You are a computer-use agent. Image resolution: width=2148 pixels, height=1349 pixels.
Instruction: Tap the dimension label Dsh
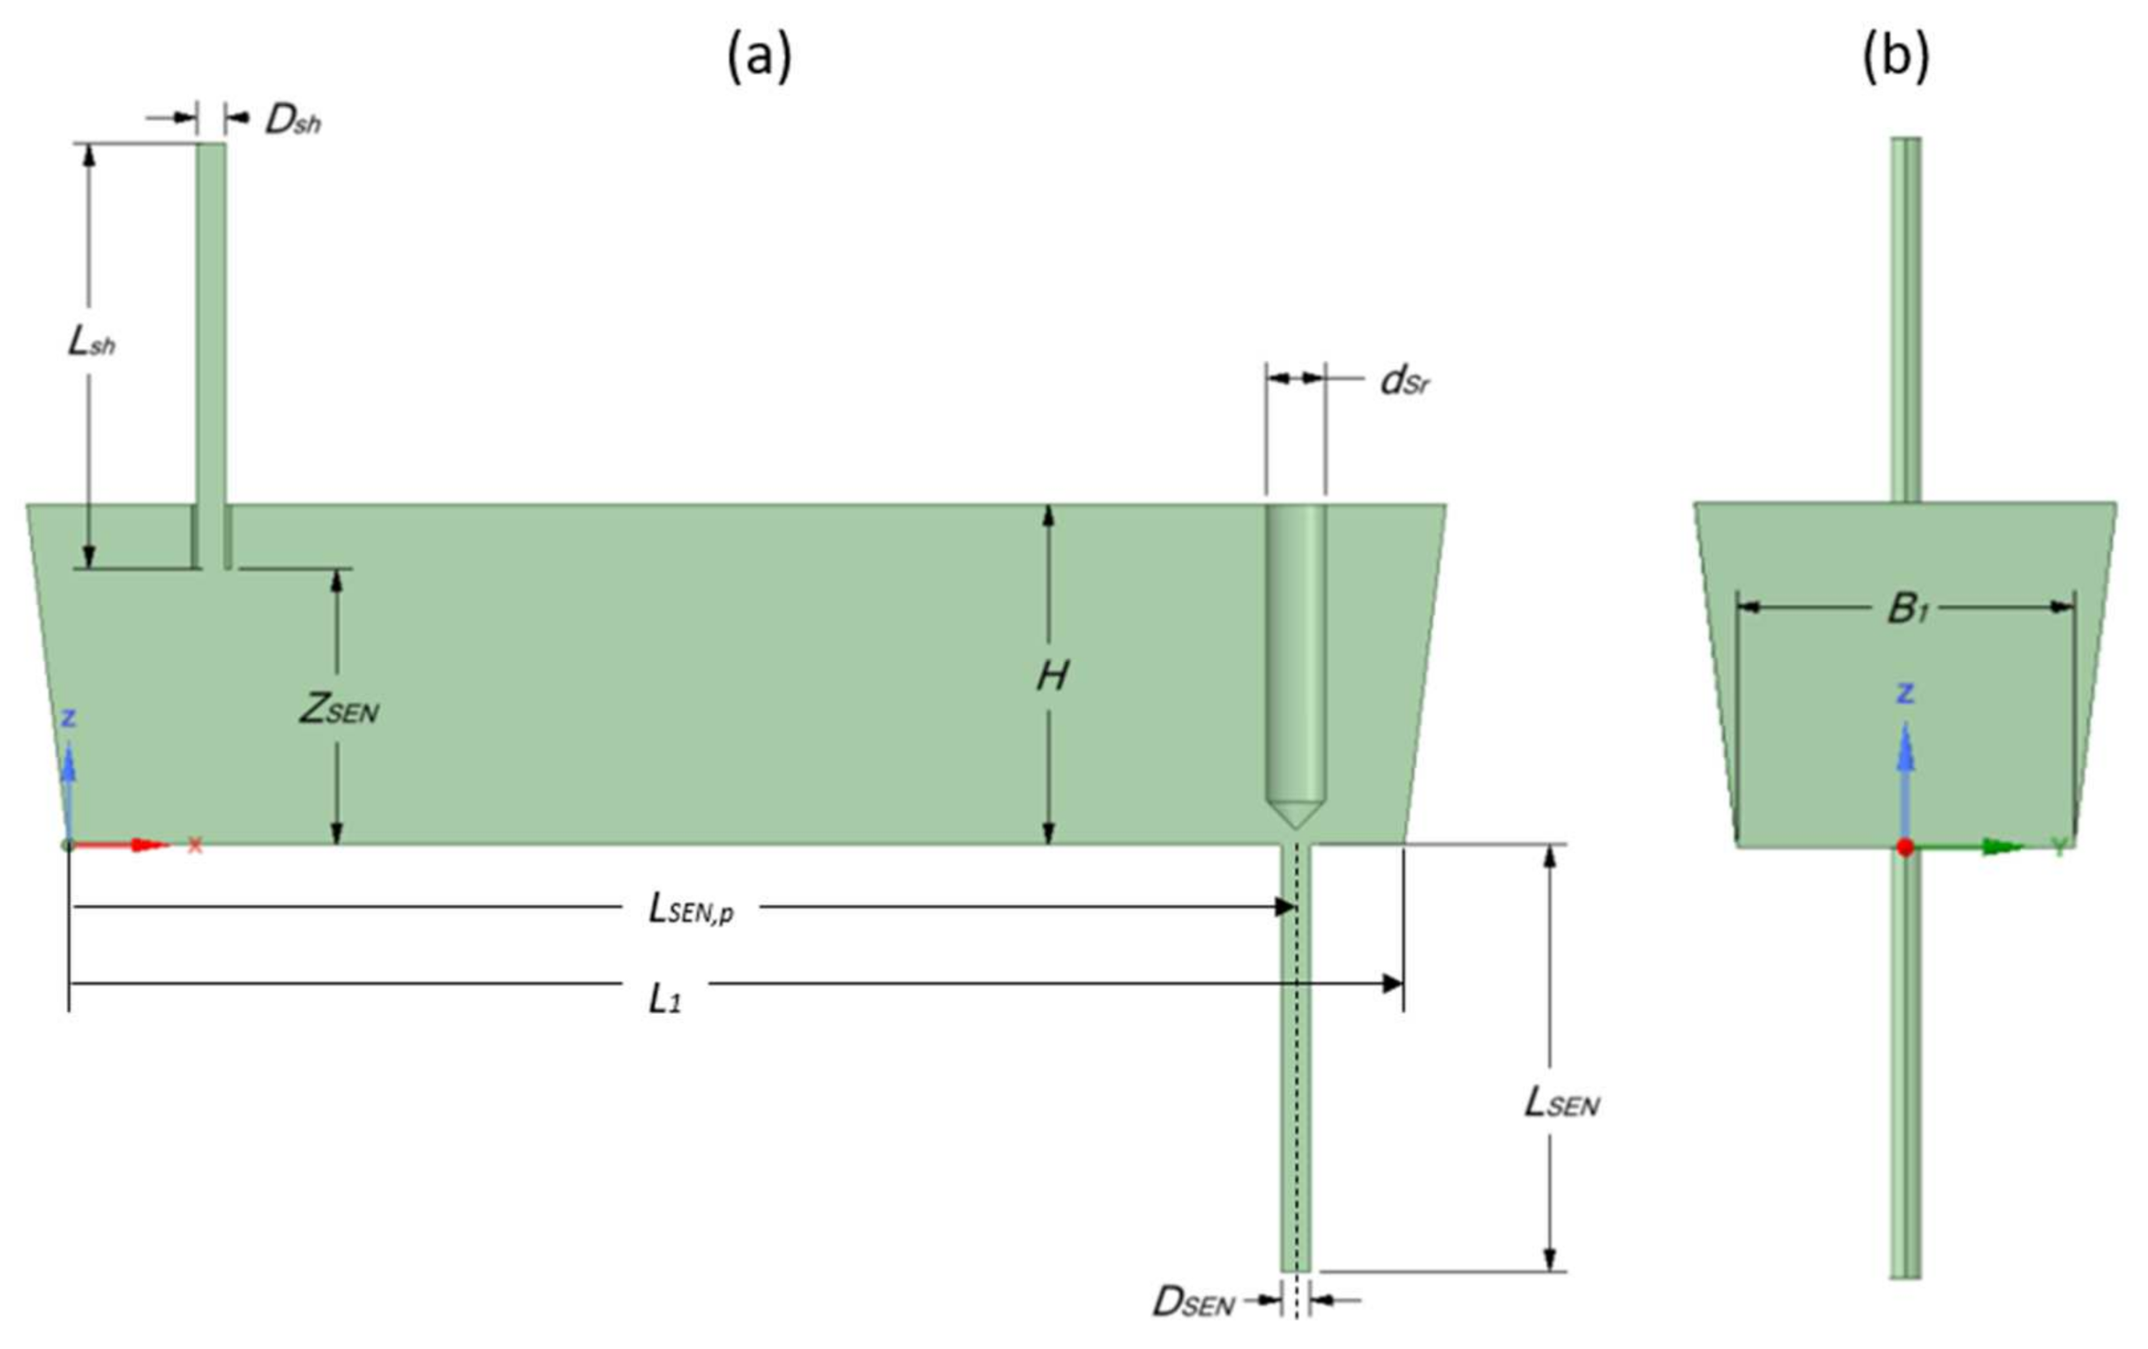(293, 121)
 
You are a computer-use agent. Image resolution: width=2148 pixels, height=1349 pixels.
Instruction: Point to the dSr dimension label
(1406, 382)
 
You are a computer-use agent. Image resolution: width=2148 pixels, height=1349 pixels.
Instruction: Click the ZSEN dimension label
(338, 710)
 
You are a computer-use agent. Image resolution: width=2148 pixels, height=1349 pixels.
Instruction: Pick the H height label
(1052, 677)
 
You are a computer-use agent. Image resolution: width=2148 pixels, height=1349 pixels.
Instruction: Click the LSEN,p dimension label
(692, 909)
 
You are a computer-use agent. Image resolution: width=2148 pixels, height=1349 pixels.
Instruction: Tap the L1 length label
(664, 1001)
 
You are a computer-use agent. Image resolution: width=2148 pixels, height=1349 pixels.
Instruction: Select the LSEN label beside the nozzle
(1561, 1104)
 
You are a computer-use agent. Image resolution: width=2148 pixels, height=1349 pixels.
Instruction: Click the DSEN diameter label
(1194, 1303)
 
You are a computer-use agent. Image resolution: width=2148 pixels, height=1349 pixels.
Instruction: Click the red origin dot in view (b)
(1905, 847)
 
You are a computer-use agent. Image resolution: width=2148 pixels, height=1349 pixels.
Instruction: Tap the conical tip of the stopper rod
(1295, 816)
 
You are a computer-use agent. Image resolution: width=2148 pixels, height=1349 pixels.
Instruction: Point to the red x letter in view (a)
(194, 846)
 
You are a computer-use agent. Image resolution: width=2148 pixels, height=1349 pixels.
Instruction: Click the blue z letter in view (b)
(1905, 693)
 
